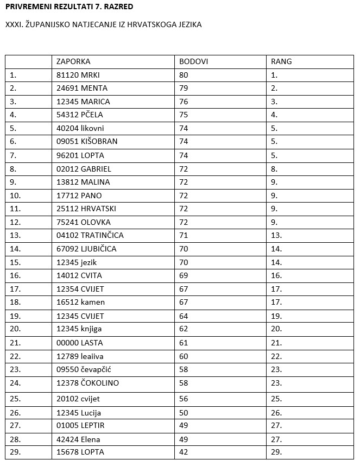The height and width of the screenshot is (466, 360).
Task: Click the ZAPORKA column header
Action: point(73,61)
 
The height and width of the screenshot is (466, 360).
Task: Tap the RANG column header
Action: point(281,61)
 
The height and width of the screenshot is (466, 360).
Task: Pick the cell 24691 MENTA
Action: point(81,88)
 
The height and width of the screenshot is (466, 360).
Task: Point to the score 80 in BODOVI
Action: point(184,75)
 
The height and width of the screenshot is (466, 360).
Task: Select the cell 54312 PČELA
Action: point(79,115)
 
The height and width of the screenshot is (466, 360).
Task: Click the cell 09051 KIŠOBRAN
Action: point(87,141)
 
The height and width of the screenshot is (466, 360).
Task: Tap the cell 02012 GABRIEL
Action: point(84,169)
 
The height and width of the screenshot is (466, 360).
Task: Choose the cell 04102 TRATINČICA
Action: point(90,235)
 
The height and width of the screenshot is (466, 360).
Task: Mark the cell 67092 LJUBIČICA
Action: point(86,249)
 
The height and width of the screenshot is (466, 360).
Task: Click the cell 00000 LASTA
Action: point(79,343)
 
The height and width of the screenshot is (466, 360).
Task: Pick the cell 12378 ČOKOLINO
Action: point(87,383)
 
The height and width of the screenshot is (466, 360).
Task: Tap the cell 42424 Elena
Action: point(78,439)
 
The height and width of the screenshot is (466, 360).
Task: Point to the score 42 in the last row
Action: point(184,452)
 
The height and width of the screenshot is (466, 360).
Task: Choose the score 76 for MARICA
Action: point(184,102)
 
